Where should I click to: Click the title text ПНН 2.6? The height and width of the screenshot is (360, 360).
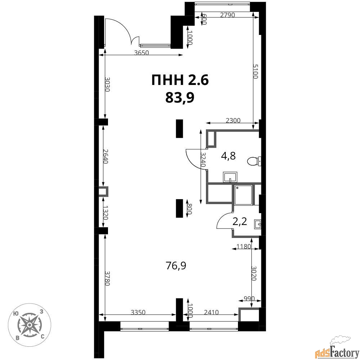(180, 80)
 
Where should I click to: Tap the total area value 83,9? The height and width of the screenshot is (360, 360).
(180, 98)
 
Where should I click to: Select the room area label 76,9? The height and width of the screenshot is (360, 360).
(176, 266)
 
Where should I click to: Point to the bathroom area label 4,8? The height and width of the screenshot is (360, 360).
(228, 156)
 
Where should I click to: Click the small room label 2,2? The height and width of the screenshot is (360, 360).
(240, 221)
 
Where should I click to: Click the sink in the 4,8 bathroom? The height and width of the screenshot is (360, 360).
(230, 177)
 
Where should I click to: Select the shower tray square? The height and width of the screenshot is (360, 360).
(243, 195)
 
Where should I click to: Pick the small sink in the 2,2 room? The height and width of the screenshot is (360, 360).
(258, 224)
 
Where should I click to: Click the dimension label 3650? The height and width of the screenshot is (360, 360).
(141, 53)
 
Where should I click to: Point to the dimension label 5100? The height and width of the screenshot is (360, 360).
(255, 71)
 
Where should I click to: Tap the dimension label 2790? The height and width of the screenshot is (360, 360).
(227, 15)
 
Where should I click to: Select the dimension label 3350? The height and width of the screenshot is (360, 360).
(138, 312)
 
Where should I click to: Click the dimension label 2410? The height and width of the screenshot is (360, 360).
(211, 312)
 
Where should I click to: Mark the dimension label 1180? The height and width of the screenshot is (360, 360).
(244, 247)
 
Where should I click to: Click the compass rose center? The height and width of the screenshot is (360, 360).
(30, 325)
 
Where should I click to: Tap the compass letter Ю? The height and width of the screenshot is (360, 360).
(16, 314)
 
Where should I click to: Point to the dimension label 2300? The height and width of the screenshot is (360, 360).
(233, 120)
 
